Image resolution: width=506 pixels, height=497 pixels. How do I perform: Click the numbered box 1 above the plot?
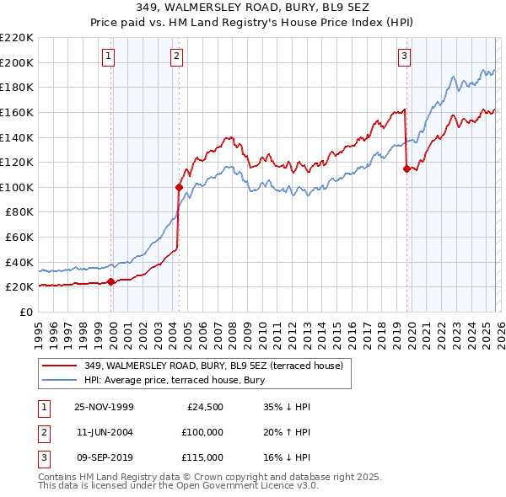click(110, 56)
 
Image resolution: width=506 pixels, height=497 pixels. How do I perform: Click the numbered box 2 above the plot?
click(176, 56)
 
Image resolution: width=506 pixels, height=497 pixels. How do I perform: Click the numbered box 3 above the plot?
click(404, 56)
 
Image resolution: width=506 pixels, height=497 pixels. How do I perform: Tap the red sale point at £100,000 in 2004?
click(179, 187)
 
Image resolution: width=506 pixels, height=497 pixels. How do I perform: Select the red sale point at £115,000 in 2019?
click(406, 168)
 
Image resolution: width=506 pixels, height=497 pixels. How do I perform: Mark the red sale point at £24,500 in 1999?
click(111, 281)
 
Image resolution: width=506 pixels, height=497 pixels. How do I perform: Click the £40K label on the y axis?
click(19, 262)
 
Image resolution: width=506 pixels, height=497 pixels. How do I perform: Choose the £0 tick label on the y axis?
click(25, 312)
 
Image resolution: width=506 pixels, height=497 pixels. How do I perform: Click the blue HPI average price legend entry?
click(175, 381)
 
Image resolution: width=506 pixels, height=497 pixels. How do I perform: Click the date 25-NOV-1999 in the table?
click(104, 407)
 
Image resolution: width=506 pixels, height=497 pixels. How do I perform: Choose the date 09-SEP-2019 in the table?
click(104, 457)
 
